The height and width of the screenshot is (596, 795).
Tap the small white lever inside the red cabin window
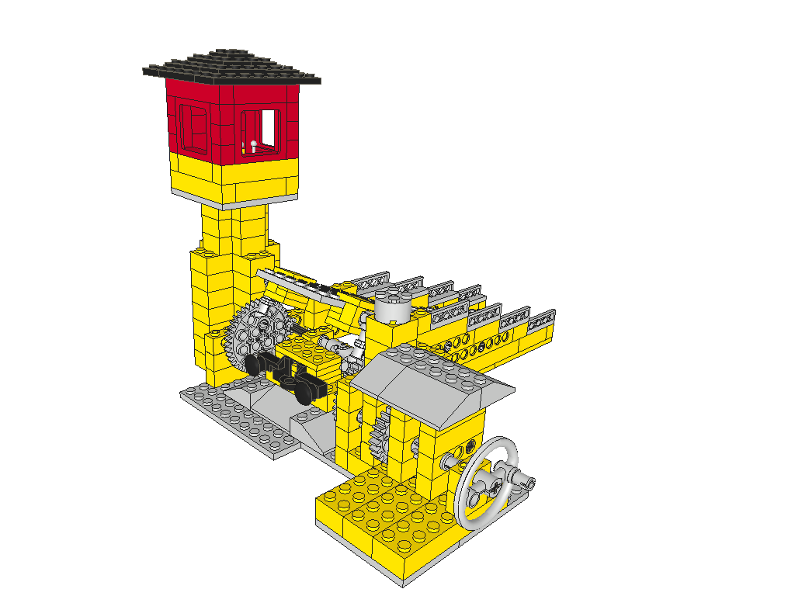click(x=254, y=145)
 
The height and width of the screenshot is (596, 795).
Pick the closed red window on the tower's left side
click(x=192, y=126)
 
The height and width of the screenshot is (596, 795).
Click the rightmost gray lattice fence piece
click(x=541, y=317)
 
